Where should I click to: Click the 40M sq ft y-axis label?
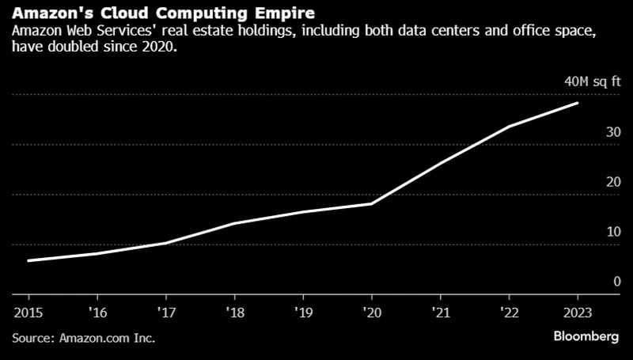click(592, 81)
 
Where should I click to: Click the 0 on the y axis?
click(616, 282)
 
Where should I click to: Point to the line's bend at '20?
click(372, 203)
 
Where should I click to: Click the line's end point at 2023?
click(578, 103)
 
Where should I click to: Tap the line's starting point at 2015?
click(28, 260)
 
